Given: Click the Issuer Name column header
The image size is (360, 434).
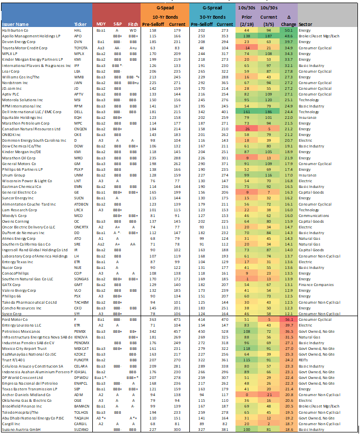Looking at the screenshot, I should (x=16, y=24).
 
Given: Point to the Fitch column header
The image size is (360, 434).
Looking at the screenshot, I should (x=133, y=24).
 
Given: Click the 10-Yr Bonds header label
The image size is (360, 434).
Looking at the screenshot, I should (x=164, y=17).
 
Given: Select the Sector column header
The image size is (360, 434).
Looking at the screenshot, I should (x=306, y=24).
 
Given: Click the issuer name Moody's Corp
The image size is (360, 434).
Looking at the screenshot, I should (x=14, y=214).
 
